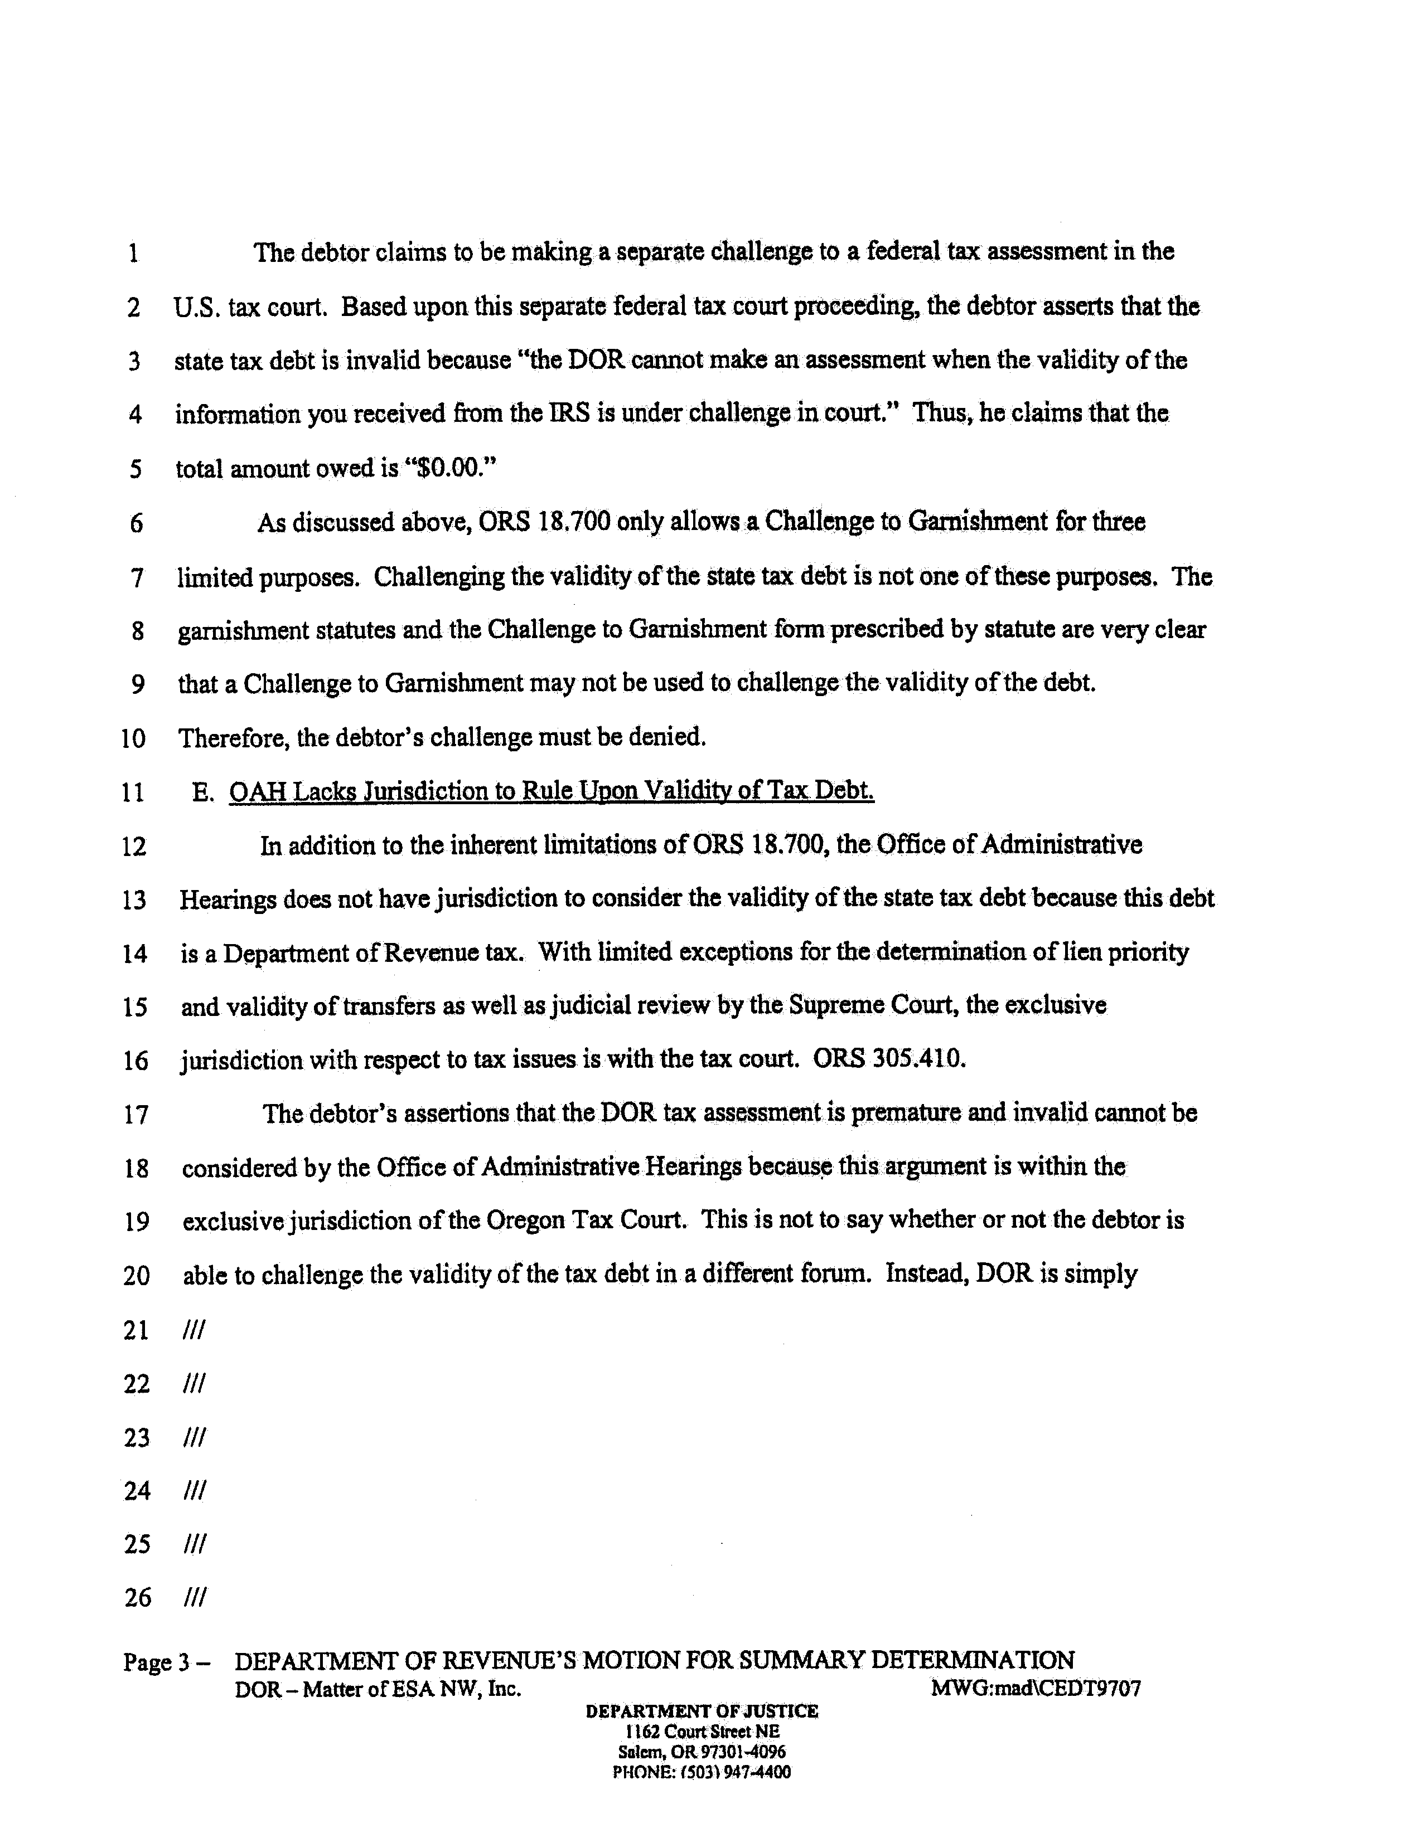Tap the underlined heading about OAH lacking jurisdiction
click(552, 791)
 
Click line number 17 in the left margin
click(136, 1115)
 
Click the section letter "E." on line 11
click(202, 792)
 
